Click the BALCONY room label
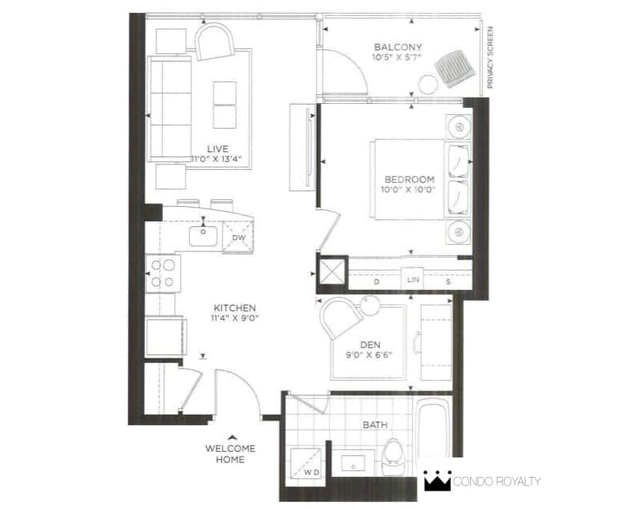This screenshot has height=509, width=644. coord(398,47)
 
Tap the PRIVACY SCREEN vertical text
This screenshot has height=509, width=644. coord(489,57)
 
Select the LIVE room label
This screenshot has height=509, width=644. coord(217,149)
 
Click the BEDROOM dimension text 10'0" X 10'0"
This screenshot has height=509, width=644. coord(408,190)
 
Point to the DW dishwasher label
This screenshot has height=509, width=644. coord(238,238)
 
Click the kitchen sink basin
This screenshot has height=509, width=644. coord(204,236)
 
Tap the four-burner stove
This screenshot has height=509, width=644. coord(163,273)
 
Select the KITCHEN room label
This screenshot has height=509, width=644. coord(234,308)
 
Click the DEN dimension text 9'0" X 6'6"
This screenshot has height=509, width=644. coord(369,355)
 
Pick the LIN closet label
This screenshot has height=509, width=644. coord(413,279)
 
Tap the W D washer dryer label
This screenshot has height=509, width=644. coord(312,473)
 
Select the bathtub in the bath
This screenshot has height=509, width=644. coord(434,427)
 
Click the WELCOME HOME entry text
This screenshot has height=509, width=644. coord(230,454)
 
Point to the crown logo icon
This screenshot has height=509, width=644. coord(438,480)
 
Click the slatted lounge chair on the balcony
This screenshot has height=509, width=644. coord(455,69)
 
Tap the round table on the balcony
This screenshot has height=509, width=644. coord(428,85)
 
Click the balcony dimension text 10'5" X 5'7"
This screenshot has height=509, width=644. coord(397,57)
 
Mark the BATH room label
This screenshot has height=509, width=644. coord(375,424)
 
